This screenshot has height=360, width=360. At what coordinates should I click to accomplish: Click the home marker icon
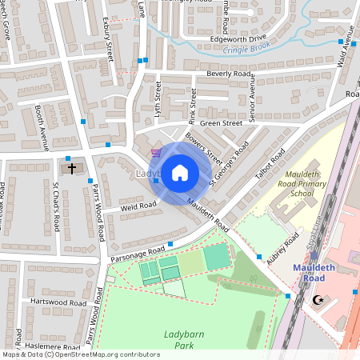180,172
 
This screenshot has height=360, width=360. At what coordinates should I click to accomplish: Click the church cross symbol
72,169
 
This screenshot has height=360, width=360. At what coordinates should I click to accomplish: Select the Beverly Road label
230,74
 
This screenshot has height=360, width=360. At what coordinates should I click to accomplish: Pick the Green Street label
221,123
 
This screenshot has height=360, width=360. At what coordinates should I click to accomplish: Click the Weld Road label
138,206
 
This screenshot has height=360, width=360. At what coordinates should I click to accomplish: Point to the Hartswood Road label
58,303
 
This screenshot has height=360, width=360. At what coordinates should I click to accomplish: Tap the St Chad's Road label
56,207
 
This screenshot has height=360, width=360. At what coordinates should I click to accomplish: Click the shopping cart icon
157,151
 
